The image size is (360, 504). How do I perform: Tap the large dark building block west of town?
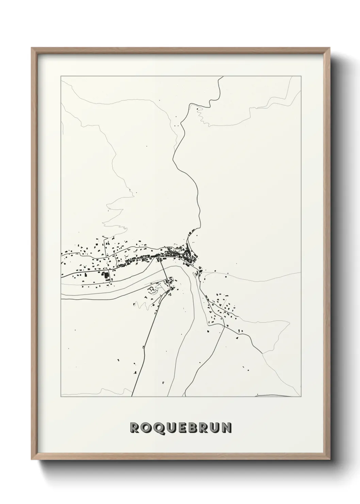(107, 275)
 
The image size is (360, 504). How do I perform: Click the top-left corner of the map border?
(61, 76)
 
